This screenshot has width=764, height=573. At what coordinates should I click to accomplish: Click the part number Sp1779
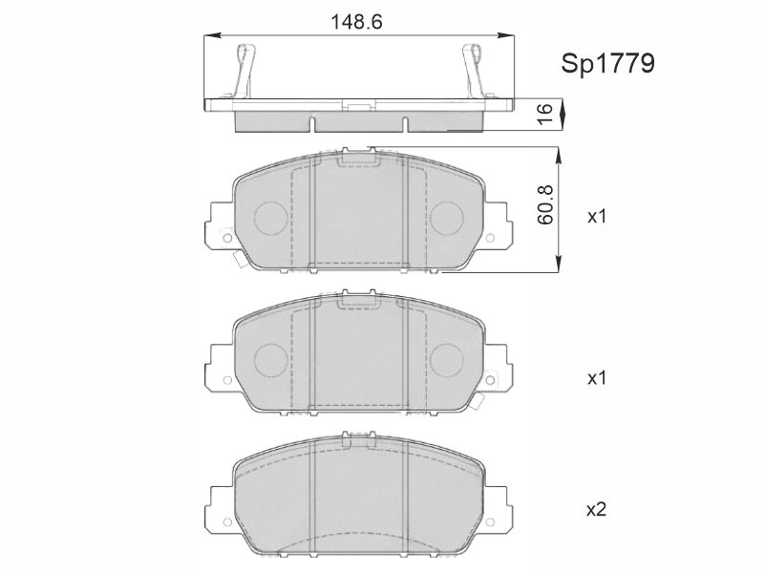607,64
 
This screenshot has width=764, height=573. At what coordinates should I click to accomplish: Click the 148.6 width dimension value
356,22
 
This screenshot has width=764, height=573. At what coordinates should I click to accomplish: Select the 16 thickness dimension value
545,114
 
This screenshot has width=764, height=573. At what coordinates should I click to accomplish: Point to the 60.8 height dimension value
545,204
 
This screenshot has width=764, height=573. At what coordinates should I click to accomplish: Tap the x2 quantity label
596,510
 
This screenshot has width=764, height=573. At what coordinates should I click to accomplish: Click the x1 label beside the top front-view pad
596,216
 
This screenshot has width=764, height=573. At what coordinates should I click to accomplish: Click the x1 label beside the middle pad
596,377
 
